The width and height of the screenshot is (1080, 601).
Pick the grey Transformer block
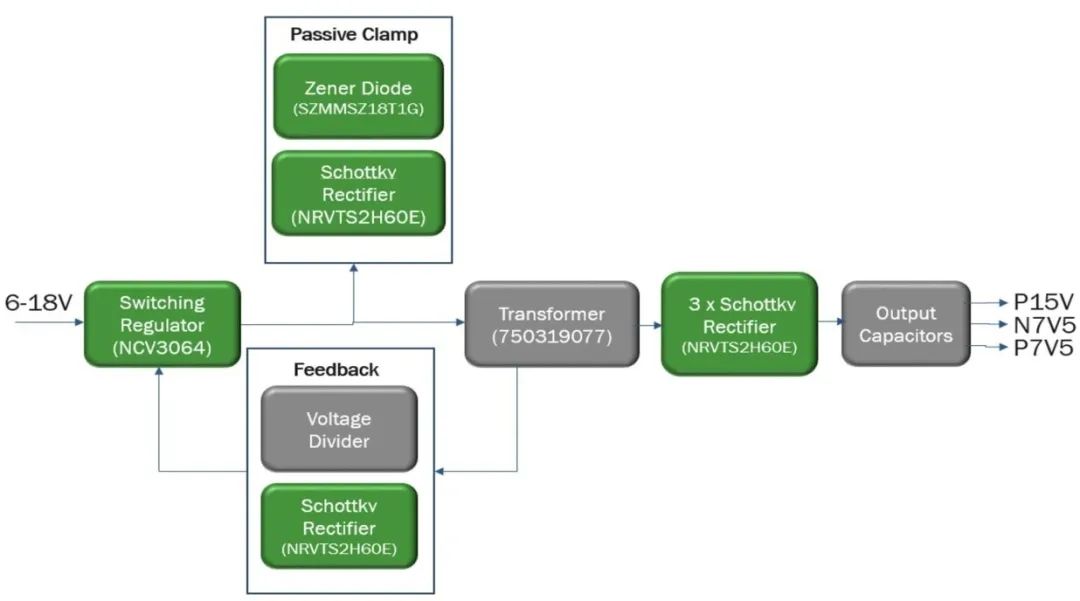coord(550,323)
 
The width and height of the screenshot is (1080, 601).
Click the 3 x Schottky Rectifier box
coord(739,323)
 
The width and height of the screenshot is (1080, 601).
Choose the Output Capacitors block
coord(906,323)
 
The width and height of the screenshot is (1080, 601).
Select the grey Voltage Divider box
coord(338,428)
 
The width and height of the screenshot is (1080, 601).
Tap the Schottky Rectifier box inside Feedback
coord(338,526)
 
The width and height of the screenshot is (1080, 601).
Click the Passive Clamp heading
coord(354,35)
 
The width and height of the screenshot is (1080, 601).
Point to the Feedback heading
coord(336,370)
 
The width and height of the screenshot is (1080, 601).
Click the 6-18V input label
coord(39,302)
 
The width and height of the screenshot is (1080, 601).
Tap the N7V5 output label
coord(1043,325)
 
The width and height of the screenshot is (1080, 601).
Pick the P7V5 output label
coord(1043,348)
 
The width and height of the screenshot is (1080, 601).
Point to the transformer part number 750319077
coord(550,336)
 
